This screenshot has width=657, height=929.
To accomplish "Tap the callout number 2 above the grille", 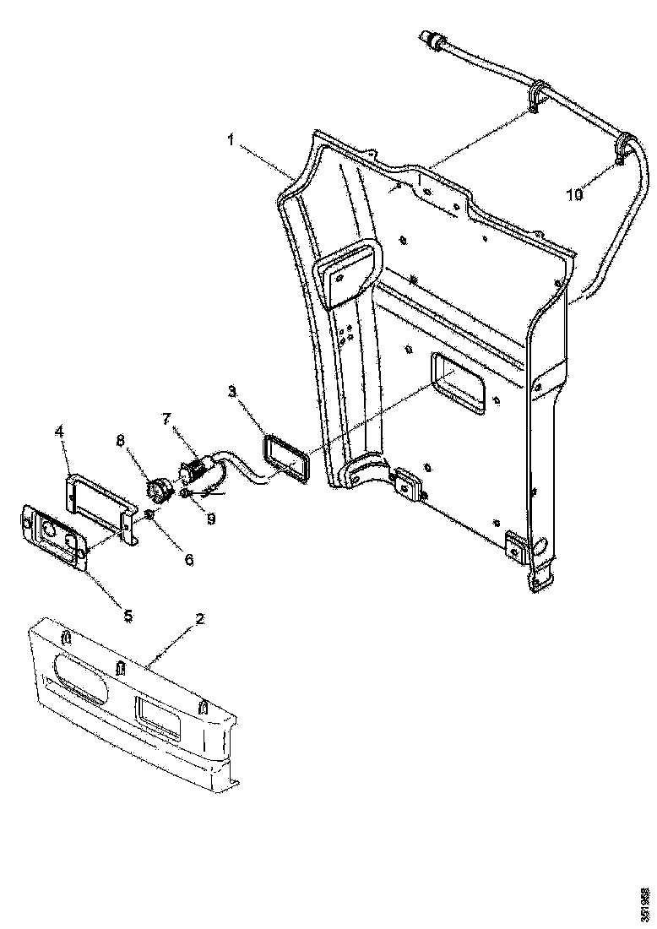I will tap(199, 618).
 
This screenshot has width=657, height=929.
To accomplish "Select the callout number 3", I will tap(231, 392).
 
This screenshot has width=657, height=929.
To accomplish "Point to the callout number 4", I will tap(59, 432).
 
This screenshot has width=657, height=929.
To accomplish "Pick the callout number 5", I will tap(128, 616).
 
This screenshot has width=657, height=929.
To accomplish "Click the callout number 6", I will tap(188, 559).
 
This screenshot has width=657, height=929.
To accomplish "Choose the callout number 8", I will tap(121, 440).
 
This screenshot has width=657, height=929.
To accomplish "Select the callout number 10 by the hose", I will tap(573, 195).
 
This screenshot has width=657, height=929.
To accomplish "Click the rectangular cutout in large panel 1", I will tap(459, 384).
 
